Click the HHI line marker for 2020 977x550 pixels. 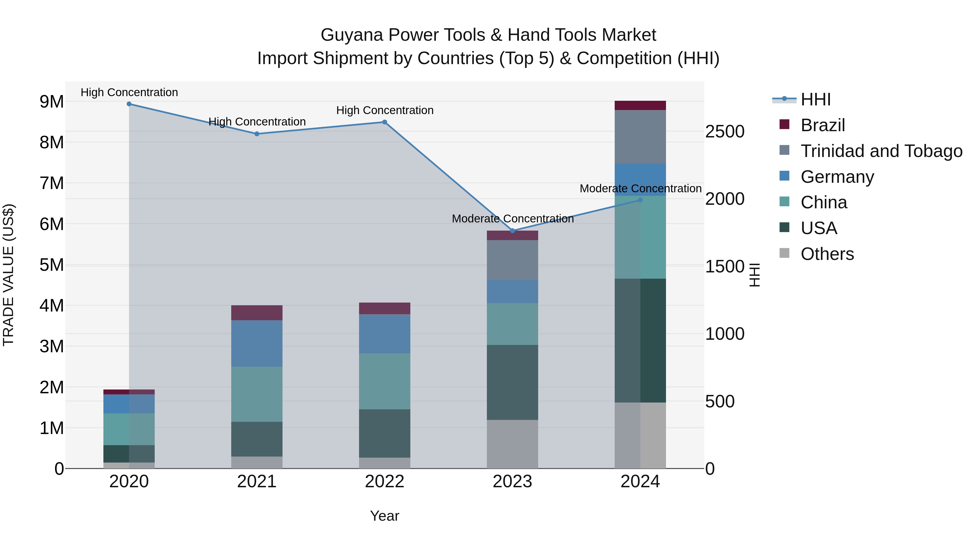tap(129, 104)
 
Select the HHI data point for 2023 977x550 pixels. tap(512, 231)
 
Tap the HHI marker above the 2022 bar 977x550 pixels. tap(385, 122)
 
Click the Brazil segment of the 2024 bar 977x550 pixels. tap(640, 106)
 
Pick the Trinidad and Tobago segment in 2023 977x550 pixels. tap(512, 260)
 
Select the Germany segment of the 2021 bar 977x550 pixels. tap(257, 344)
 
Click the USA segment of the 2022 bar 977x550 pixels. tap(385, 433)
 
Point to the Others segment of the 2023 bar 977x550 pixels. tap(512, 444)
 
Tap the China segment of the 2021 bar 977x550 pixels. tap(257, 394)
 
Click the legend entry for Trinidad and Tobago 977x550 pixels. tap(881, 151)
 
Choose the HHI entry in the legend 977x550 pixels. tap(816, 99)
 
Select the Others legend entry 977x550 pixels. tap(827, 254)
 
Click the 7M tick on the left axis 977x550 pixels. tap(52, 183)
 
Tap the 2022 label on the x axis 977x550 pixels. tap(385, 482)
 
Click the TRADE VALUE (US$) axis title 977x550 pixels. tap(8, 275)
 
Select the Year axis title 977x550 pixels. tap(385, 516)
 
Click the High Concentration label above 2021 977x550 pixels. tap(257, 122)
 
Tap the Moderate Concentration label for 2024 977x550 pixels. tap(640, 189)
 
